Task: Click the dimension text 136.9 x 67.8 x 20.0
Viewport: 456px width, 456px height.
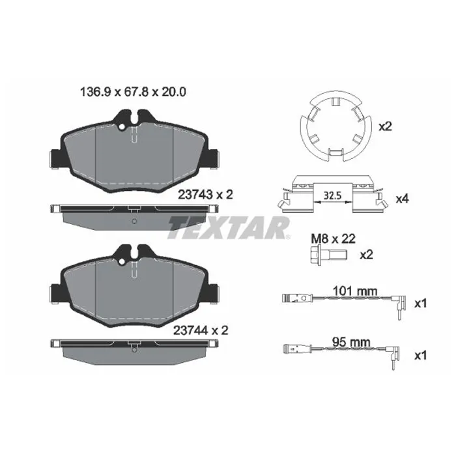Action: [133, 93]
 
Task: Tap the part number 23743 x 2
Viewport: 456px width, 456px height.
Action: [205, 195]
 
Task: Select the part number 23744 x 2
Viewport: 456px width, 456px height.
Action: [201, 330]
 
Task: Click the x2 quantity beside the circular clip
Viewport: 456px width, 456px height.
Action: [385, 126]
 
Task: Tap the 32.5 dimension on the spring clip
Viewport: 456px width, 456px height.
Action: [332, 195]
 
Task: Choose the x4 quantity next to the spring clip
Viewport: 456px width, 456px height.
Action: [402, 199]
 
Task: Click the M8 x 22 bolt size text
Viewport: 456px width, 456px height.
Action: [334, 239]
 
